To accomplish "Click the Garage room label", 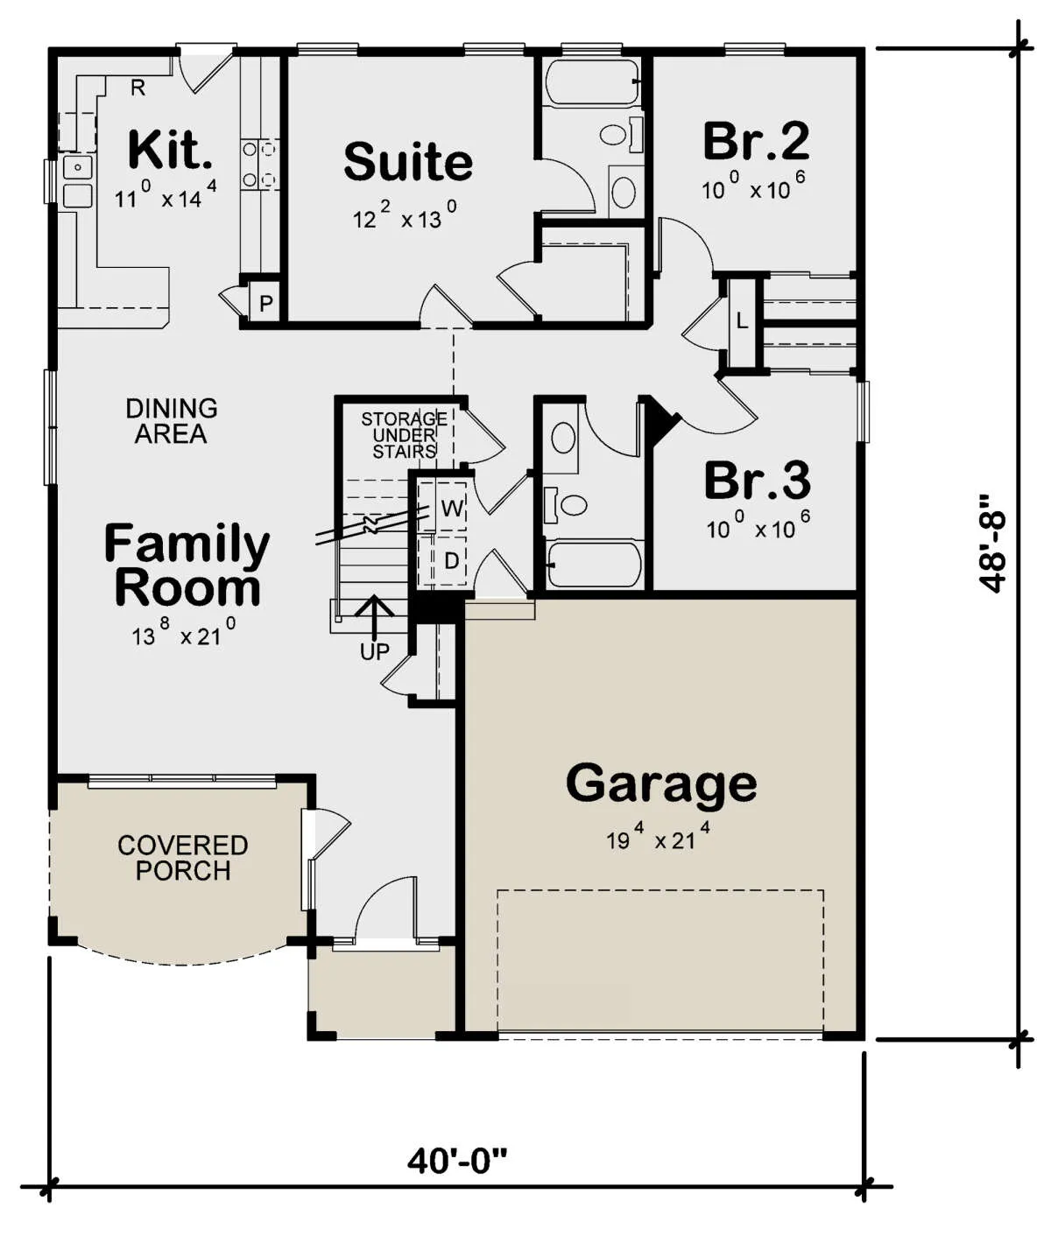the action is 661,784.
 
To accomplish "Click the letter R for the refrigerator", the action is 138,88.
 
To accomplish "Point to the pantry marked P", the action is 265,305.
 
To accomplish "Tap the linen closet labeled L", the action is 742,321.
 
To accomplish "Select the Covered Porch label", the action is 182,858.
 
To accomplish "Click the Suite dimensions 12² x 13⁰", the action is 405,216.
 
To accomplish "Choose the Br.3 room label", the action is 758,481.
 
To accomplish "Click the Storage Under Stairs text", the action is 404,435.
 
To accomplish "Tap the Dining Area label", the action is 171,421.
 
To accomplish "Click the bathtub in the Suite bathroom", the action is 591,82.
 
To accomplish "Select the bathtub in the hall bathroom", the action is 594,565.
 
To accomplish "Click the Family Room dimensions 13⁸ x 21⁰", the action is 184,632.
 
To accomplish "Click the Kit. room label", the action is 171,150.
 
